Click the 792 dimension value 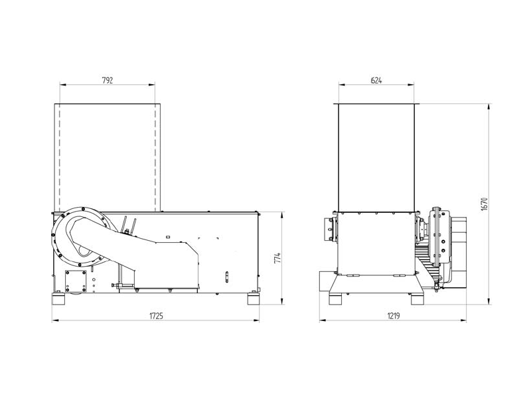click(x=107, y=80)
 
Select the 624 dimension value click(x=376, y=80)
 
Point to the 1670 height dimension click(x=485, y=204)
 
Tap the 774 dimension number click(x=277, y=258)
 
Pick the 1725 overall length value click(x=156, y=316)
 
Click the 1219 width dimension click(x=394, y=316)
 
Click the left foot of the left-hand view click(x=58, y=300)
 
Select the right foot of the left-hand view click(x=254, y=300)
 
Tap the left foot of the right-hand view click(x=336, y=300)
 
